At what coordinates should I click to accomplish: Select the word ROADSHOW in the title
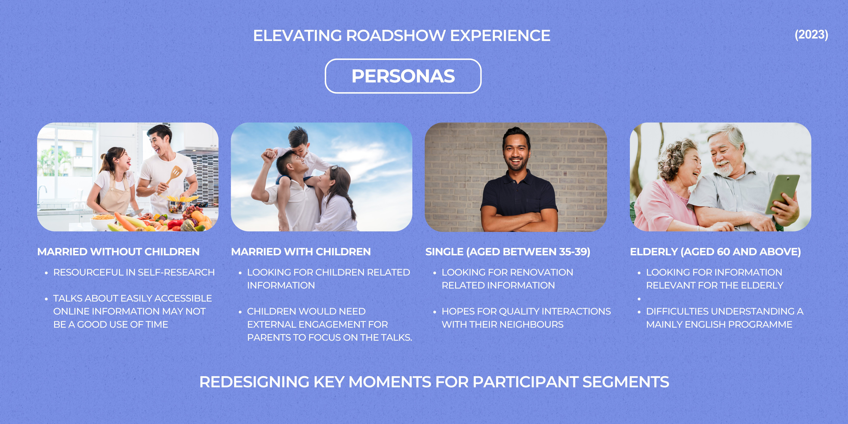(x=395, y=36)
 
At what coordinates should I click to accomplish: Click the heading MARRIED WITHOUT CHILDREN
(x=119, y=252)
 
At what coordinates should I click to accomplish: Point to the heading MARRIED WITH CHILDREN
(x=301, y=252)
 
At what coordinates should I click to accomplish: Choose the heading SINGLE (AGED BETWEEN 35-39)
(x=508, y=252)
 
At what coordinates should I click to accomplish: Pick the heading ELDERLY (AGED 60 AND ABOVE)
(x=715, y=252)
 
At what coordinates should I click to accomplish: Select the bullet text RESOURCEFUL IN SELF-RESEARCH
(x=134, y=272)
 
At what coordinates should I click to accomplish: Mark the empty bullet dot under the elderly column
(x=639, y=299)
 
